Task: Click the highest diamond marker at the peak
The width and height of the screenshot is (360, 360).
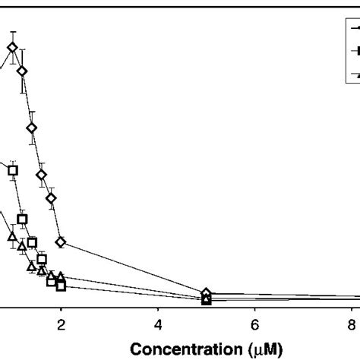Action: (x=12, y=48)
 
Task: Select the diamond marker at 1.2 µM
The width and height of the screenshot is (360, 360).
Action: (x=22, y=71)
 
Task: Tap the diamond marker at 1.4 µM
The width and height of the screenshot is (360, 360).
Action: (x=32, y=128)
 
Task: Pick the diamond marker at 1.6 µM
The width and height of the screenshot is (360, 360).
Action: (x=42, y=175)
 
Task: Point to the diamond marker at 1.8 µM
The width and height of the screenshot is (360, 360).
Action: (x=52, y=199)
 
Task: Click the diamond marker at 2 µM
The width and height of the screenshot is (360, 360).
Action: (x=62, y=242)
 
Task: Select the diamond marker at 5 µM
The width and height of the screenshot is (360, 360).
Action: (x=207, y=293)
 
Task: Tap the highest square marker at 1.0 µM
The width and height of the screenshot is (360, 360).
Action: (x=12, y=171)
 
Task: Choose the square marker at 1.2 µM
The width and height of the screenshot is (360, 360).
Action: (x=22, y=219)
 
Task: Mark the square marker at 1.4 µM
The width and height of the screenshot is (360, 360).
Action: (x=32, y=243)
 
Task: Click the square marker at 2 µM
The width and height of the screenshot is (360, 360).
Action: (x=62, y=286)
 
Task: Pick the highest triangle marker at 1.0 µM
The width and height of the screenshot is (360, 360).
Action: (x=12, y=238)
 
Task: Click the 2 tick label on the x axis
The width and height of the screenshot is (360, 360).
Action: (x=62, y=324)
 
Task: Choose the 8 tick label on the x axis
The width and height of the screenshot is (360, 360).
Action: (x=352, y=324)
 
